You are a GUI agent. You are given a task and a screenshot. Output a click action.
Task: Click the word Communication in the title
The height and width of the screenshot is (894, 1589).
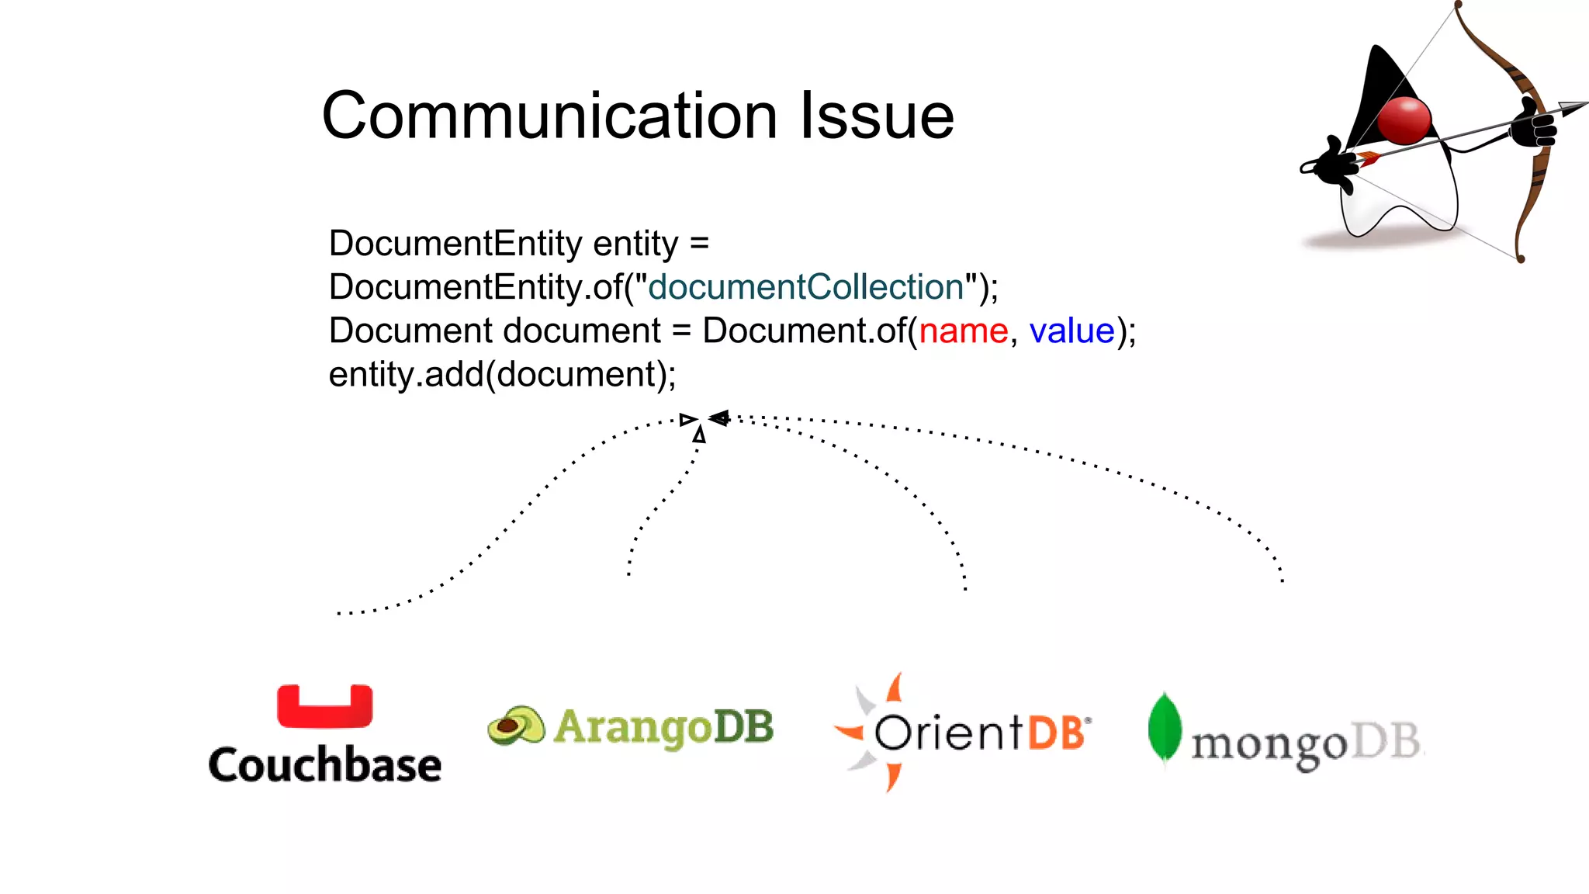[549, 116]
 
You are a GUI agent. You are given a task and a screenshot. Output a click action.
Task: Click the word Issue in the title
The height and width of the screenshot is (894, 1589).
[877, 116]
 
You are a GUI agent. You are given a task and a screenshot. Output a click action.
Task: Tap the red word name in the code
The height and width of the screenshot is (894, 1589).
[963, 331]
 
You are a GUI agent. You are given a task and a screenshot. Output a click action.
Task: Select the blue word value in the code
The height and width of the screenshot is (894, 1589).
[1071, 331]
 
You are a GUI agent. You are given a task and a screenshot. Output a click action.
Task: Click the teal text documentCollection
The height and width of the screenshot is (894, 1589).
[805, 288]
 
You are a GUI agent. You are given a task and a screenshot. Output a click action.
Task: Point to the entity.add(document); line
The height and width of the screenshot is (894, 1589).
[502, 375]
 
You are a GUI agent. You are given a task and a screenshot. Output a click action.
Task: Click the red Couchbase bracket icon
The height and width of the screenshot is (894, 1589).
[324, 706]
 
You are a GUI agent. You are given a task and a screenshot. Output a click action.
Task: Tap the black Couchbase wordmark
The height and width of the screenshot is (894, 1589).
[324, 765]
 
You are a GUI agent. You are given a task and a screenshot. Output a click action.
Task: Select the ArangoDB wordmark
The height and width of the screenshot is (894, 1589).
[663, 728]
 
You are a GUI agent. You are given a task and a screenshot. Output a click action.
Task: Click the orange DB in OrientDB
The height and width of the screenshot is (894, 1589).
[1056, 733]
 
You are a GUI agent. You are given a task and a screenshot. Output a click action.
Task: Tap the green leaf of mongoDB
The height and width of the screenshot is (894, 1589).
[1164, 728]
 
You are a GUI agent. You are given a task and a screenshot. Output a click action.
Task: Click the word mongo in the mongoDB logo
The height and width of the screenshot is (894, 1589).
[1269, 745]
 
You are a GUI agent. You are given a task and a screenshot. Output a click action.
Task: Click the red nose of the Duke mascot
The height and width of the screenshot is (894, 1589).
[1404, 121]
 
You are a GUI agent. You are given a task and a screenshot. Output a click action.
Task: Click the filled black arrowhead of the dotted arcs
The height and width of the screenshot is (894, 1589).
[719, 418]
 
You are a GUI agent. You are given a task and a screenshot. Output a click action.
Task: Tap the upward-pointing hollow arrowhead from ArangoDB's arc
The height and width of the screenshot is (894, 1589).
[700, 435]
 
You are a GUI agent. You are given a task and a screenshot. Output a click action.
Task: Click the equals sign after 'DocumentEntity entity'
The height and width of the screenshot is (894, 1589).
[699, 244]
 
